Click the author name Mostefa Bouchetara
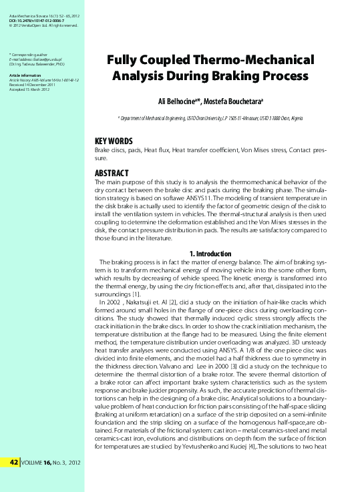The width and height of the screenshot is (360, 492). (234, 100)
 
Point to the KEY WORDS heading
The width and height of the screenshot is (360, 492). (114, 142)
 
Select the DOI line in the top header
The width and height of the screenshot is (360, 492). (39, 20)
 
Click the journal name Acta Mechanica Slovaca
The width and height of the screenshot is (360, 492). (30, 14)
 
